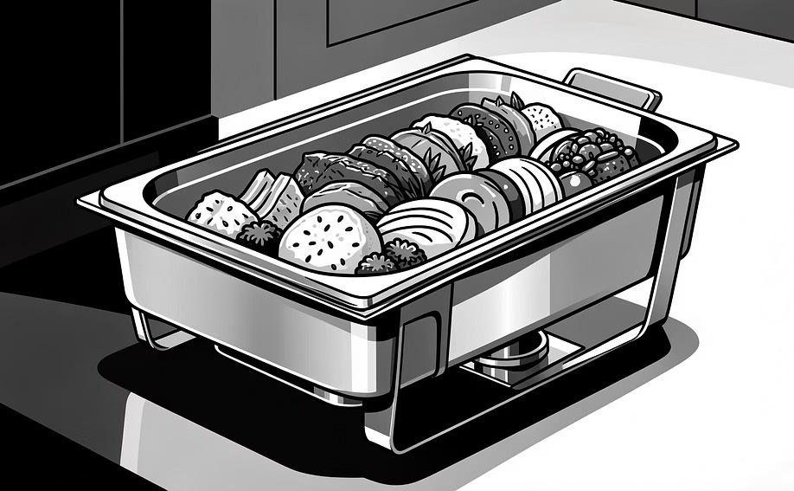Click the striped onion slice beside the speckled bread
click(424, 226)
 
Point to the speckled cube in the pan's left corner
click(211, 213)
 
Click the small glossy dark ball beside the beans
click(571, 183)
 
